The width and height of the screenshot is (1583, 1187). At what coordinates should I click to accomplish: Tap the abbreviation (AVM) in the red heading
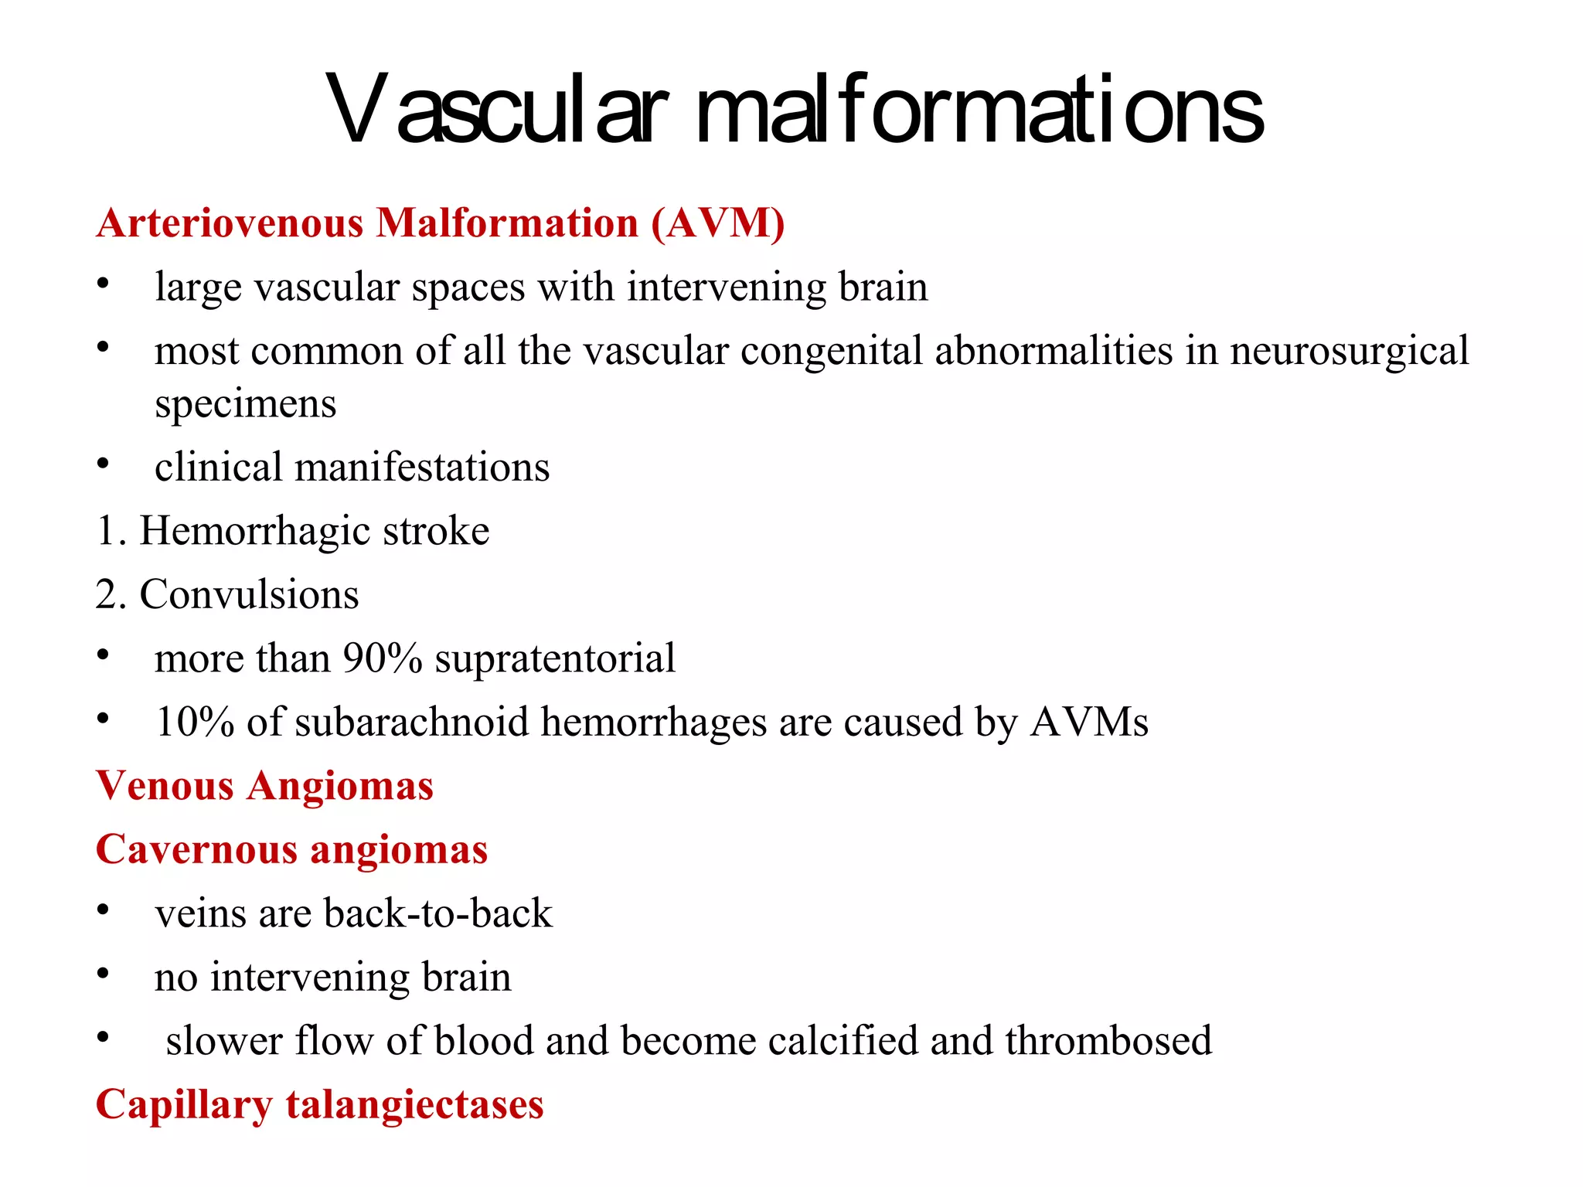[x=718, y=223]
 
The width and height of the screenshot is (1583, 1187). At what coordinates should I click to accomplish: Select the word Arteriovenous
[x=230, y=223]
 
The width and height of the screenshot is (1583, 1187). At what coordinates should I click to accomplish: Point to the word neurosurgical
[x=1349, y=352]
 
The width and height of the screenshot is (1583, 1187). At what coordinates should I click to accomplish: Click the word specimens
[x=246, y=404]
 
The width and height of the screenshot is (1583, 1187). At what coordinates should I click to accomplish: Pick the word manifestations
[x=422, y=468]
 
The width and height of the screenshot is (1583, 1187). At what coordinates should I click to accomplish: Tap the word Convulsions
[x=249, y=595]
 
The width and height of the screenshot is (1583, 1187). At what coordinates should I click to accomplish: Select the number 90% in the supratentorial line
[x=383, y=658]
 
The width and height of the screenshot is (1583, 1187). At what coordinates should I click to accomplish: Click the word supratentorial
[x=555, y=658]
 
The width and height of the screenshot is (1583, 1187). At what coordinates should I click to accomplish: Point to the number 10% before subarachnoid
[x=195, y=723]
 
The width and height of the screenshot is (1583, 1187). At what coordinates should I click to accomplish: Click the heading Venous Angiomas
[x=264, y=786]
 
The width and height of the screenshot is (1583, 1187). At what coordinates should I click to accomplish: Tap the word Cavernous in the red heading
[x=196, y=850]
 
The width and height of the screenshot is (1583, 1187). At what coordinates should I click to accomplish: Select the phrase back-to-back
[x=438, y=913]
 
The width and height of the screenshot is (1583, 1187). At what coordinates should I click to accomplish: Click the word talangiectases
[x=415, y=1105]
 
